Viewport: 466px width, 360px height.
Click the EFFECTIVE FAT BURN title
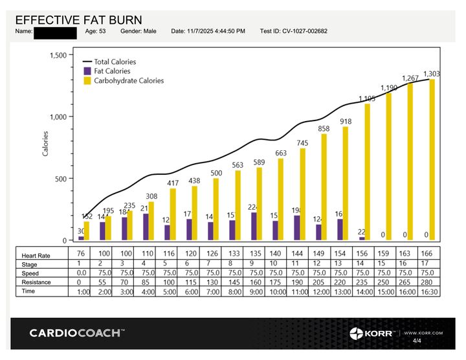click(x=78, y=21)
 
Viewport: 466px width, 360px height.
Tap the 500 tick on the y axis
click(x=61, y=179)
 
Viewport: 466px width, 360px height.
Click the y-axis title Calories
click(x=45, y=143)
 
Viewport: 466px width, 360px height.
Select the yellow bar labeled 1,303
click(x=432, y=159)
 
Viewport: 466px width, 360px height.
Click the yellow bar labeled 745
click(x=302, y=194)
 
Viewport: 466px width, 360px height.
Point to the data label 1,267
click(x=410, y=78)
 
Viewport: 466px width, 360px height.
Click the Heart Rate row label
click(x=36, y=256)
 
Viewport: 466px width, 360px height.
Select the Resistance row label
click(x=36, y=282)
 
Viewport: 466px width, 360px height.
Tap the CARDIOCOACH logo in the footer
click(x=77, y=333)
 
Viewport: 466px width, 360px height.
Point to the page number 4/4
click(x=417, y=341)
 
